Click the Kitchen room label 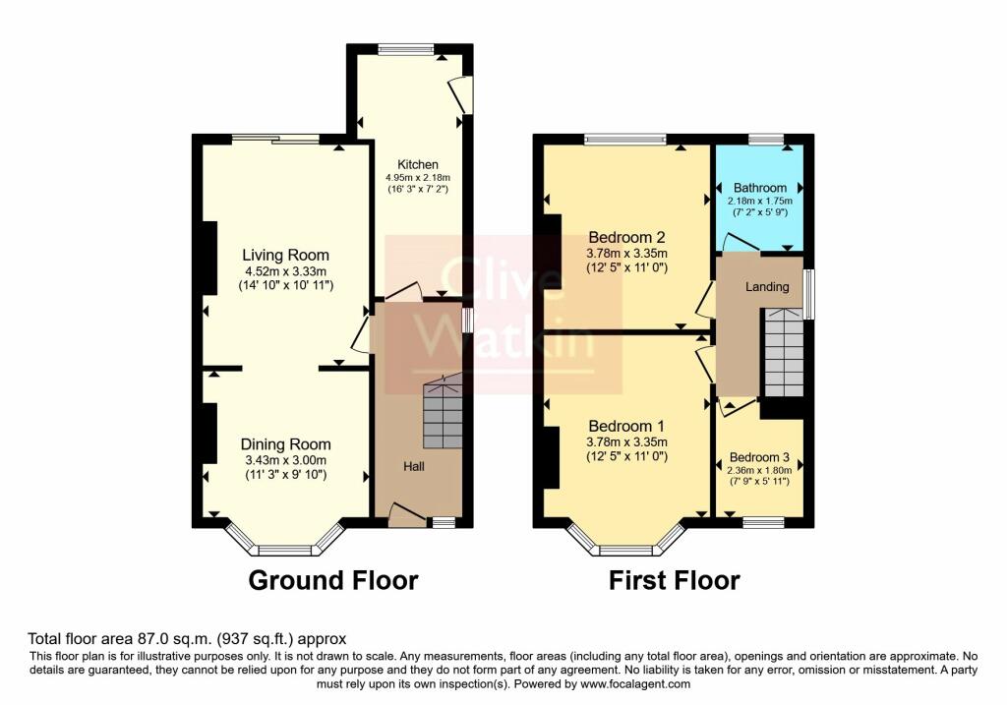[x=417, y=164]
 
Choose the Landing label [x=766, y=287]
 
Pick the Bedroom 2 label [x=627, y=237]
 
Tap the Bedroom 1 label [x=627, y=426]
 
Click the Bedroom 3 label [x=759, y=458]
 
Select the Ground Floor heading [x=333, y=580]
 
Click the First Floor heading [x=674, y=580]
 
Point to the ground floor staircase [x=443, y=413]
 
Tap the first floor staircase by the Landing [x=784, y=350]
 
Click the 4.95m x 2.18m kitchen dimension [x=417, y=178]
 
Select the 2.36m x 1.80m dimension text [x=759, y=470]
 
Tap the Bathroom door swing [x=736, y=242]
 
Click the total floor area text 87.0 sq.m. [x=187, y=638]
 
